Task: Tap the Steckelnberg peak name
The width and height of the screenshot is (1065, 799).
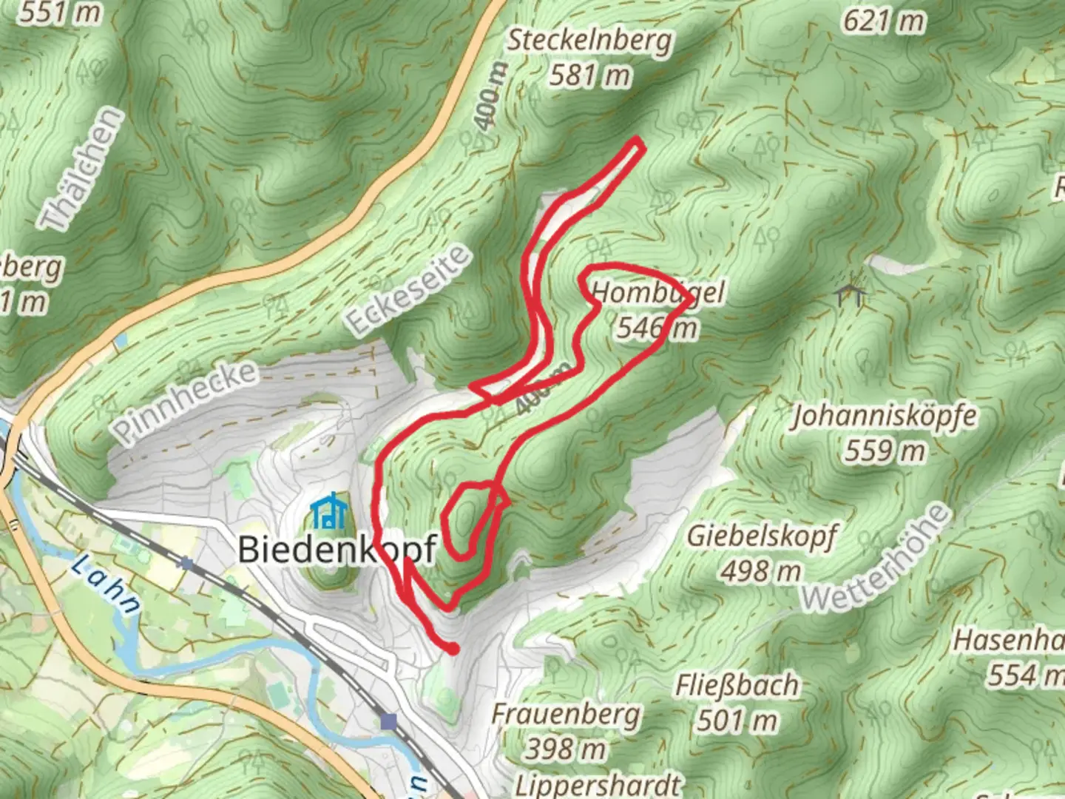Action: (x=589, y=40)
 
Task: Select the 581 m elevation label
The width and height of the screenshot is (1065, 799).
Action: (x=589, y=75)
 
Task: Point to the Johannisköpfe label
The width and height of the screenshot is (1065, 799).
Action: (x=884, y=416)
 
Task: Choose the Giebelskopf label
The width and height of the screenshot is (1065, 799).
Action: (x=762, y=536)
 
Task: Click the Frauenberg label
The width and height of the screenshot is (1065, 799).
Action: (x=566, y=715)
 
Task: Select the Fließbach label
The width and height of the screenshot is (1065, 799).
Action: (x=737, y=686)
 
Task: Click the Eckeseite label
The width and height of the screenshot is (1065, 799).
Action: (x=408, y=290)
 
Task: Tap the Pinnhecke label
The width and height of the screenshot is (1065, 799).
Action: (x=186, y=400)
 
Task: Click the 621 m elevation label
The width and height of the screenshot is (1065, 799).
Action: (x=884, y=21)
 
